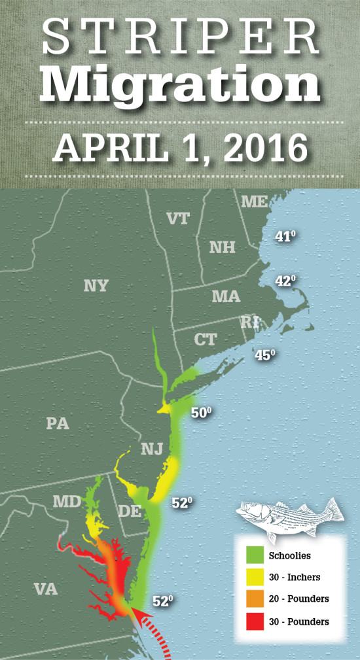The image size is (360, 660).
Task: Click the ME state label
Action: pyautogui.click(x=254, y=201)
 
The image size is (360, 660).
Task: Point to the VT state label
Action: pyautogui.click(x=179, y=218)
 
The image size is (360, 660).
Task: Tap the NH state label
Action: pyautogui.click(x=222, y=247)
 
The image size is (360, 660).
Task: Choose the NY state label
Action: pyautogui.click(x=96, y=286)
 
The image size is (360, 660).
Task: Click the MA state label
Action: pyautogui.click(x=226, y=297)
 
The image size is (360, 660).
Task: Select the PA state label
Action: pyautogui.click(x=58, y=423)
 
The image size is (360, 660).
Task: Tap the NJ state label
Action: pyautogui.click(x=152, y=449)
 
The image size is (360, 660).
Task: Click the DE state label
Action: pyautogui.click(x=131, y=511)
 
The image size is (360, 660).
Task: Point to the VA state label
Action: pyautogui.click(x=46, y=589)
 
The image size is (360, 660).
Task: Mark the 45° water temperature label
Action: pyautogui.click(x=264, y=355)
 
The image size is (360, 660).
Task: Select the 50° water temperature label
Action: pyautogui.click(x=202, y=413)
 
